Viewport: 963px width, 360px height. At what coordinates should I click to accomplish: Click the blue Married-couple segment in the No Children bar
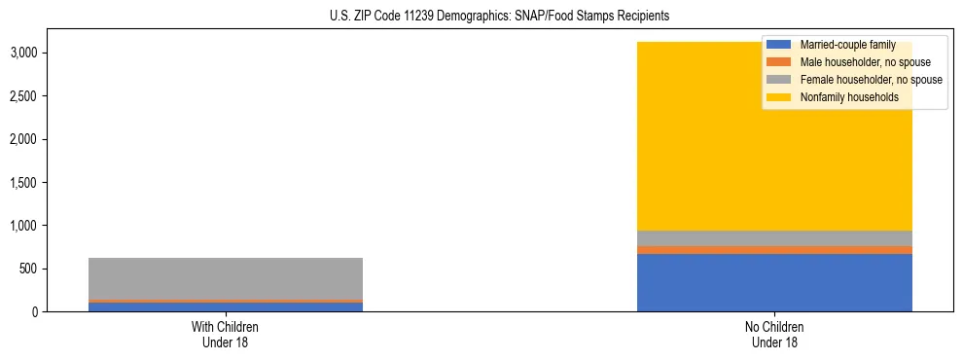click(774, 283)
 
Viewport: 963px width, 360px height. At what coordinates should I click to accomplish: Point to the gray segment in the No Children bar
click(774, 238)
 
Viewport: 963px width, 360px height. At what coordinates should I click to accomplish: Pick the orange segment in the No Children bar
click(774, 250)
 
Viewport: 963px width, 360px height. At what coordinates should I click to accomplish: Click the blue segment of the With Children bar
click(225, 307)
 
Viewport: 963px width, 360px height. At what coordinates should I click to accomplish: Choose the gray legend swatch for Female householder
click(779, 80)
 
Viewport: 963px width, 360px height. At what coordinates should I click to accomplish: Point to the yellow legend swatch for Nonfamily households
click(779, 97)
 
